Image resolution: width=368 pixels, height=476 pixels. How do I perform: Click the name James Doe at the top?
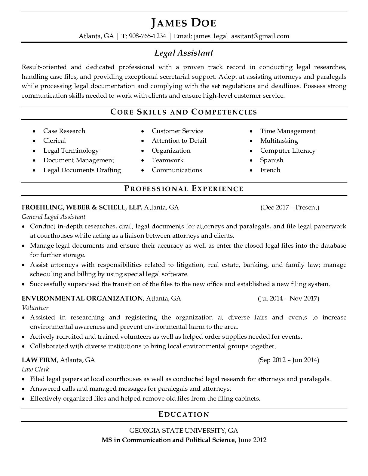coord(184,23)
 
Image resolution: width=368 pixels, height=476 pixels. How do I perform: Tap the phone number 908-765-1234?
coord(148,36)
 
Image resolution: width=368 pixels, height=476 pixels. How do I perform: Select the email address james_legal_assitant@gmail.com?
coord(241,36)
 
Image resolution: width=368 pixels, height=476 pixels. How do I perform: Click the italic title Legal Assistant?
coord(184,53)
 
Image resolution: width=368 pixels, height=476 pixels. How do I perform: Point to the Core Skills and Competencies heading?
coord(184,112)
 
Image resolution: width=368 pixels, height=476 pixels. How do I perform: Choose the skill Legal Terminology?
coord(71,151)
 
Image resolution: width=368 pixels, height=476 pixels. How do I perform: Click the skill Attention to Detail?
coord(179,141)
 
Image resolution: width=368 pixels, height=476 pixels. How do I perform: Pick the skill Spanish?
coord(271,160)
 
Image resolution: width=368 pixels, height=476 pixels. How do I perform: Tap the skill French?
coord(270,170)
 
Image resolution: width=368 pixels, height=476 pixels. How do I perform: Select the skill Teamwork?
coord(167,160)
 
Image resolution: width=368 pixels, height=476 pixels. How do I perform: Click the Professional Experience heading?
coord(184,189)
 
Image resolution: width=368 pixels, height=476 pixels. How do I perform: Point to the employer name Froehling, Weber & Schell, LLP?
coord(82,207)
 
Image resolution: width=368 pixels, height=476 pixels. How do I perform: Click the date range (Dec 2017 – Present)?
coord(290,207)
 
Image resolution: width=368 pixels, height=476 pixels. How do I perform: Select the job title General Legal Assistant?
coord(54,217)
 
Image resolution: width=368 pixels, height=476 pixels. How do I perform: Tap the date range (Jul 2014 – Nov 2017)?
coord(288,298)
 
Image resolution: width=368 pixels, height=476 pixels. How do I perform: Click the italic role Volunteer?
coord(35,308)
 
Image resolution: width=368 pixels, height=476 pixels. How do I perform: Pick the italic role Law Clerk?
coord(35,369)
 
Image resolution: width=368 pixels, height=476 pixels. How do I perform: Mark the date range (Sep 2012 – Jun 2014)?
coord(288,360)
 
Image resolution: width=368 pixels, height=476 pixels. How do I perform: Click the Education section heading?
coord(184,414)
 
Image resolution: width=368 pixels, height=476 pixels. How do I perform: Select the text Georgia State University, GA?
coord(184,430)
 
